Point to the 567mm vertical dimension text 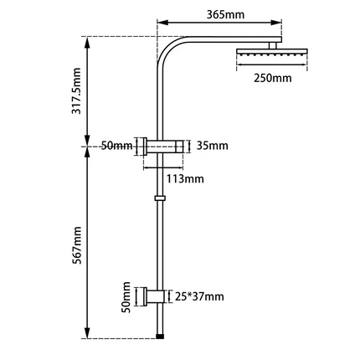pyautogui.click(x=77, y=243)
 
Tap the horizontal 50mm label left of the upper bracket pyautogui.click(x=116, y=147)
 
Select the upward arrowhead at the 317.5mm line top pyautogui.click(x=90, y=40)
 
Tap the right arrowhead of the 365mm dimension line pyautogui.click(x=284, y=25)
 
